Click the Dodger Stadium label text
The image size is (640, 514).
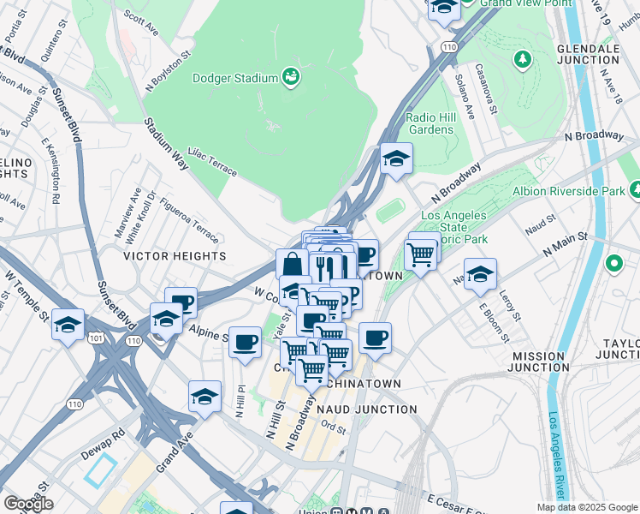(234, 78)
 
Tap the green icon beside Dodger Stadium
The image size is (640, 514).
(292, 78)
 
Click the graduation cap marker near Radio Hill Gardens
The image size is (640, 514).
(396, 158)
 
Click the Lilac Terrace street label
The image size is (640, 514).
(212, 159)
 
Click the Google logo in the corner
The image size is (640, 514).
(27, 504)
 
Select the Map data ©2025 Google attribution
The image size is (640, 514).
(586, 507)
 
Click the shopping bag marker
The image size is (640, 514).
(292, 264)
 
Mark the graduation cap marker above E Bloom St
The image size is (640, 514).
(481, 275)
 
